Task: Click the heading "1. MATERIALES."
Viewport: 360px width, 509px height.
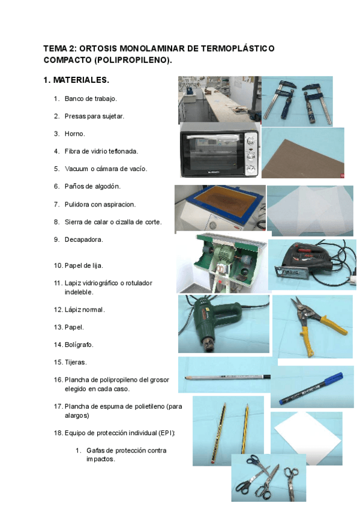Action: (x=76, y=80)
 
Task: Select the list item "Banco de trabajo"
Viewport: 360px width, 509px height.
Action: (x=91, y=98)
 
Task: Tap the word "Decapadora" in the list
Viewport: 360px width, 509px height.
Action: (x=83, y=239)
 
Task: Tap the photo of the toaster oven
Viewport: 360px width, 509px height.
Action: (x=220, y=151)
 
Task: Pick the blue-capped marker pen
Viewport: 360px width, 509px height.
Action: (x=306, y=387)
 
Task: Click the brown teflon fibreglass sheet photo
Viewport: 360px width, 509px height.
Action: (x=302, y=153)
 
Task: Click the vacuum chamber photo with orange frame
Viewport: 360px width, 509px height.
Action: (x=220, y=208)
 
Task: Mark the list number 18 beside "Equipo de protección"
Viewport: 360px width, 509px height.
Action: (x=58, y=432)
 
